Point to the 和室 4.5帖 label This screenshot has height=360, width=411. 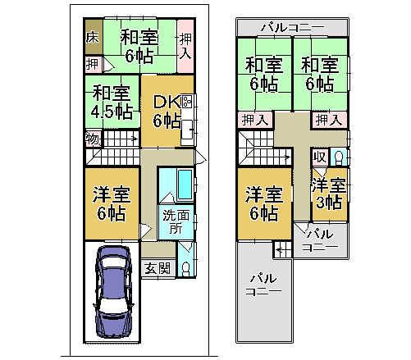click(x=112, y=103)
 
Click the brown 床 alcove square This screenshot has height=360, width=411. click(x=92, y=37)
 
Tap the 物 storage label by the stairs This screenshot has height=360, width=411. click(x=92, y=139)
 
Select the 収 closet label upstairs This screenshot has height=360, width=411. click(x=319, y=157)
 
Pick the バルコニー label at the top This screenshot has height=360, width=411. click(x=292, y=27)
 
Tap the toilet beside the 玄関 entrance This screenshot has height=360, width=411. click(x=186, y=267)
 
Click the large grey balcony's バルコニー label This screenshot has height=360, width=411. click(x=265, y=285)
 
